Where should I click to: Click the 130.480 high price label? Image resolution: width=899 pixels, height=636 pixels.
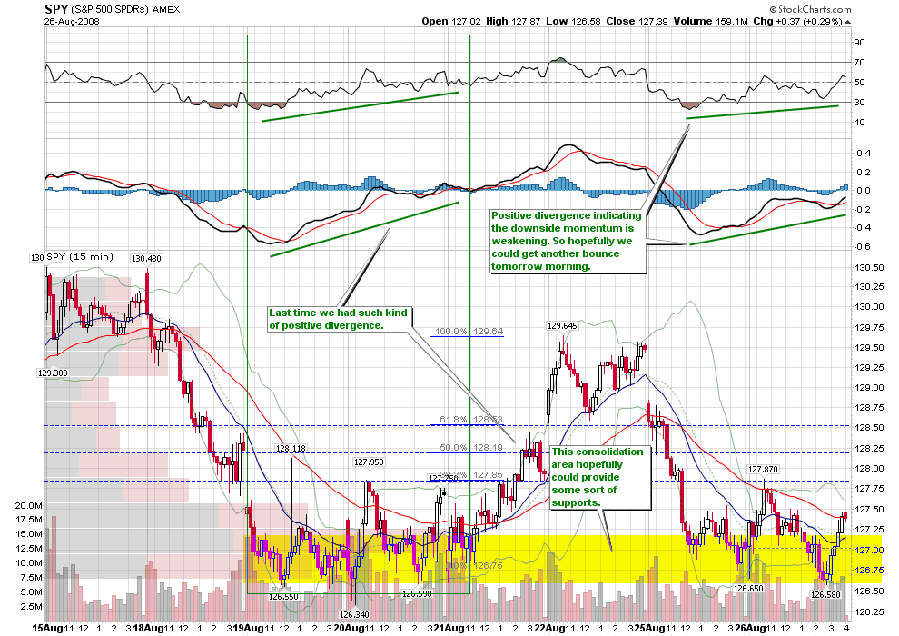tap(146, 259)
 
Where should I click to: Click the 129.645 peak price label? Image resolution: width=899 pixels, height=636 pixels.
tap(562, 325)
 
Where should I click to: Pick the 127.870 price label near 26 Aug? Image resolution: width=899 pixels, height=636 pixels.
tap(763, 470)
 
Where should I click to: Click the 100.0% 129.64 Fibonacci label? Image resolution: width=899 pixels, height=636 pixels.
tap(469, 332)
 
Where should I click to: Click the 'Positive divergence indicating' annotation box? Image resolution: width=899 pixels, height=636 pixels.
tap(568, 241)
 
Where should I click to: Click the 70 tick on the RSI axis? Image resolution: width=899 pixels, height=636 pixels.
tap(858, 63)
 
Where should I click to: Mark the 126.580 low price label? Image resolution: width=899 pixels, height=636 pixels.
tap(826, 595)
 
